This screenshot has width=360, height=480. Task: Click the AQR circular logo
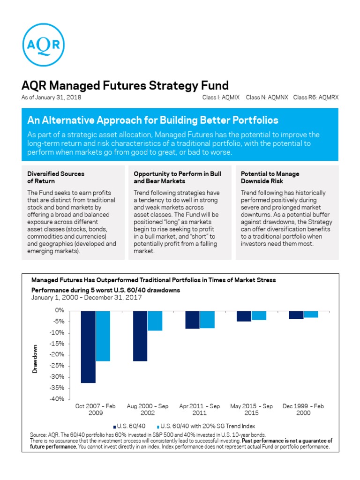(x=43, y=44)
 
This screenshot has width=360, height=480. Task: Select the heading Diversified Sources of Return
(x=56, y=177)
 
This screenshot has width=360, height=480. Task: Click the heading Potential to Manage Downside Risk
(x=270, y=177)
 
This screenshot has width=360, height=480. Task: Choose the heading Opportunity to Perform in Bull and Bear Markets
(x=177, y=177)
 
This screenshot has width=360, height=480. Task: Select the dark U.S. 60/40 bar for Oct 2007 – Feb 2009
(x=88, y=346)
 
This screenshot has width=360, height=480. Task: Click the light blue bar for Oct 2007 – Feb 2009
(x=103, y=336)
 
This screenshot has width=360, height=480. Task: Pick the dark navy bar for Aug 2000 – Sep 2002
(x=140, y=336)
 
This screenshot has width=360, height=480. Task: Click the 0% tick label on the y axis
(x=59, y=310)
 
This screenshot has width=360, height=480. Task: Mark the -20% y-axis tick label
(x=57, y=355)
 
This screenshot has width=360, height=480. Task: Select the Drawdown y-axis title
(x=35, y=359)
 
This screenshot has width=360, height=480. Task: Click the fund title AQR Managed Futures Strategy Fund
(x=125, y=85)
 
